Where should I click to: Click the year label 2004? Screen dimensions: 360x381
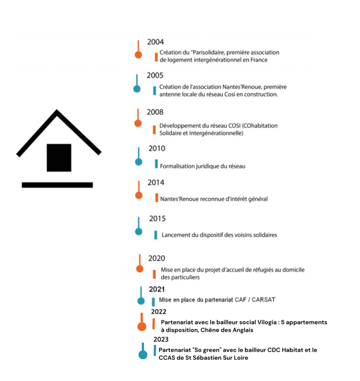pos(156,42)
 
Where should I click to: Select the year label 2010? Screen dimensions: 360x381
pos(157,148)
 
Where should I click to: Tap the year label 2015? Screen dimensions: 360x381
pos(157,218)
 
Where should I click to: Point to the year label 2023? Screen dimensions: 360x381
pos(161,339)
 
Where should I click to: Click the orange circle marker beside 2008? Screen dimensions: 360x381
pos(138,123)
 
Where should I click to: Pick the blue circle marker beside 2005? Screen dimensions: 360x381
pos(137,89)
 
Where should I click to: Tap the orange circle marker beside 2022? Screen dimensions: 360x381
pos(141,326)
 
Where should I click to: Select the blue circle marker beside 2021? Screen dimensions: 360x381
pos(141,301)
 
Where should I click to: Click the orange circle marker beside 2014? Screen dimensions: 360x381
pos(139,195)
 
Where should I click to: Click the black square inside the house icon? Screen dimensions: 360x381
pos(59,157)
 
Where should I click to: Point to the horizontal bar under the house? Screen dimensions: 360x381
pos(57,185)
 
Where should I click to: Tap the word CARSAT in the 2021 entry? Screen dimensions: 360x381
pos(264,300)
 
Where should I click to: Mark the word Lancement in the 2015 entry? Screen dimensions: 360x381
pos(176,235)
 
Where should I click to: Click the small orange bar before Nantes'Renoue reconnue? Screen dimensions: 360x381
pos(157,198)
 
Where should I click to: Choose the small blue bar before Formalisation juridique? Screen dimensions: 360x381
pos(156,164)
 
